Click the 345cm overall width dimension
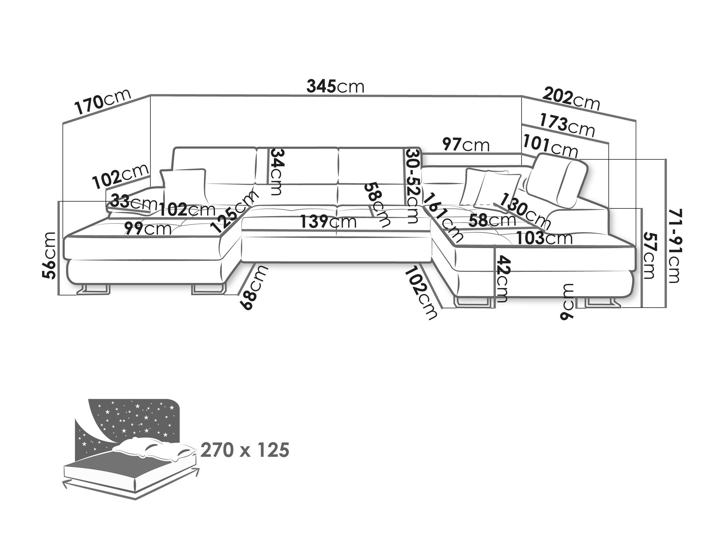[336, 87]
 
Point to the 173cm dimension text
[567, 125]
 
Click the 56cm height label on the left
[49, 255]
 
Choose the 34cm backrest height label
[276, 172]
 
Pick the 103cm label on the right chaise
[544, 238]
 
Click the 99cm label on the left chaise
[148, 229]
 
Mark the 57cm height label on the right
[649, 256]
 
